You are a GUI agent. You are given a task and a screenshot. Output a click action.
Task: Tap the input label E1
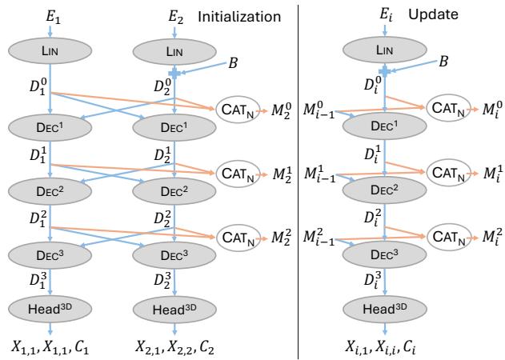click(50, 15)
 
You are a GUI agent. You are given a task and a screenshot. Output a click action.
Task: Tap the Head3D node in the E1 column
click(50, 308)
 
